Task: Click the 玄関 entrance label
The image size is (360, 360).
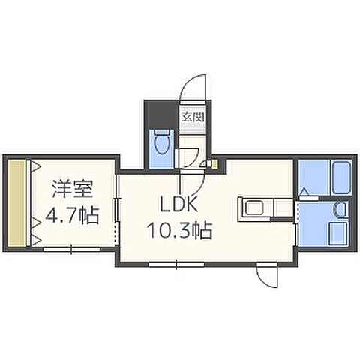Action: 193,117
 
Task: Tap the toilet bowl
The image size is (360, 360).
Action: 161,142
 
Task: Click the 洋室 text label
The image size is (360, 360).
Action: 73,189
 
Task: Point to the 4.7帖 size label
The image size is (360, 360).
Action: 72,215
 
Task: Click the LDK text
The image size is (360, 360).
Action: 178,204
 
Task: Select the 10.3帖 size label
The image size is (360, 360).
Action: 180,230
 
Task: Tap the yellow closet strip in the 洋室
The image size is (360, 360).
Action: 16,202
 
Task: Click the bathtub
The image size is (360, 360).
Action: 341,178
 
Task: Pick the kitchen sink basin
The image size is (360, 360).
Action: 254,208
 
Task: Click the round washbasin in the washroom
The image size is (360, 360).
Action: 340,208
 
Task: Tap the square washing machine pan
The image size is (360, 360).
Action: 338,233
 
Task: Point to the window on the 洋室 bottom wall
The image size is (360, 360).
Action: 72,249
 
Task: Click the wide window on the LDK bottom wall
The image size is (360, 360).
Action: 176,264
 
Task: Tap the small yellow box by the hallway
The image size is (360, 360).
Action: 214,164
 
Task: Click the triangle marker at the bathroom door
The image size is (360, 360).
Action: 304,192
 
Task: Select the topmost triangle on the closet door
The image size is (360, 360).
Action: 36,166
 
